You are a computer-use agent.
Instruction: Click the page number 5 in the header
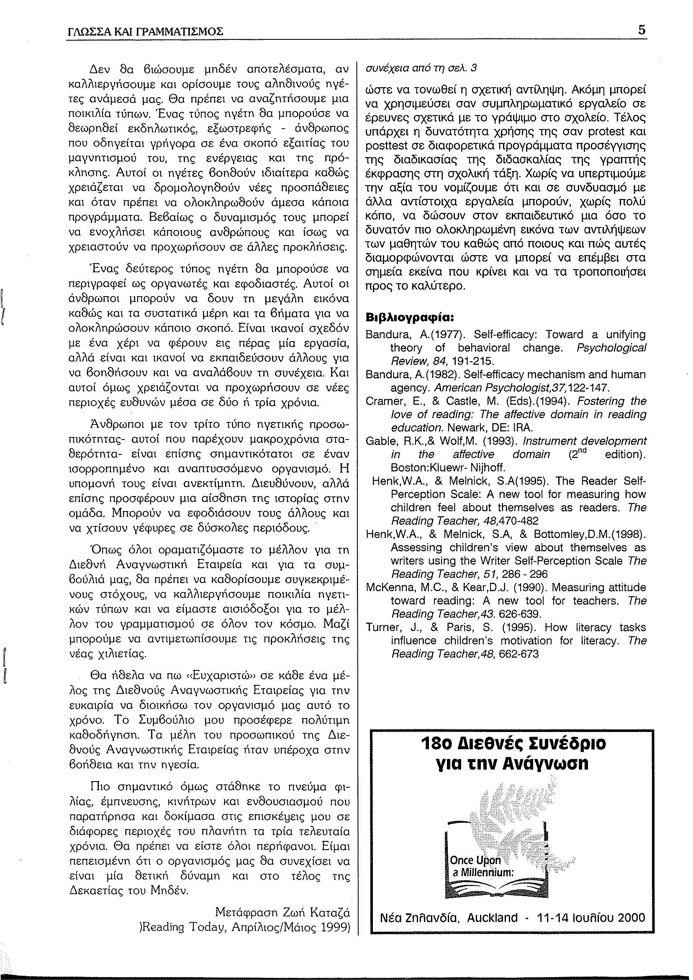pyautogui.click(x=642, y=31)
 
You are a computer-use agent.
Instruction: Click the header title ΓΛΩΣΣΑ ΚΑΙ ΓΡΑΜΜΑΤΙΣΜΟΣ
pyautogui.click(x=146, y=32)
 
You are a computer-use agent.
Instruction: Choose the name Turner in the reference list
pyautogui.click(x=378, y=628)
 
